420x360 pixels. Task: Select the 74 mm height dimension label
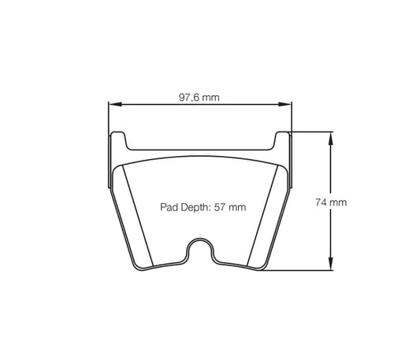coord(331,202)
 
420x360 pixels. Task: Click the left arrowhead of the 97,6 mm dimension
coord(113,104)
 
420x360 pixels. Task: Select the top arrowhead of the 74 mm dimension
coord(330,136)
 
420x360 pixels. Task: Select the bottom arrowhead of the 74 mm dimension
coord(330,266)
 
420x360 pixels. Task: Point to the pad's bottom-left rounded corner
coord(143,265)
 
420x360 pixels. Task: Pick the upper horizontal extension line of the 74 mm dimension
coord(311,132)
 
